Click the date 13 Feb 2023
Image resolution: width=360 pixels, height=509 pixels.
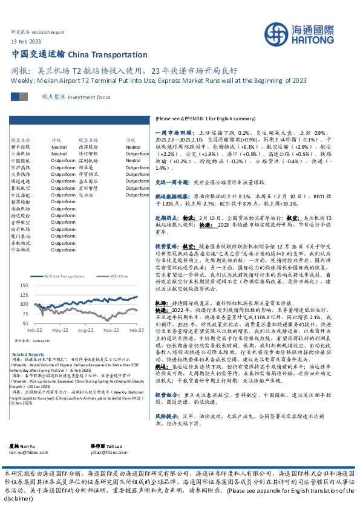(25, 41)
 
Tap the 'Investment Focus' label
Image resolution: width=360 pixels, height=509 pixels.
(90, 97)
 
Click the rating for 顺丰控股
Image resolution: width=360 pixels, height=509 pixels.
(59, 146)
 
